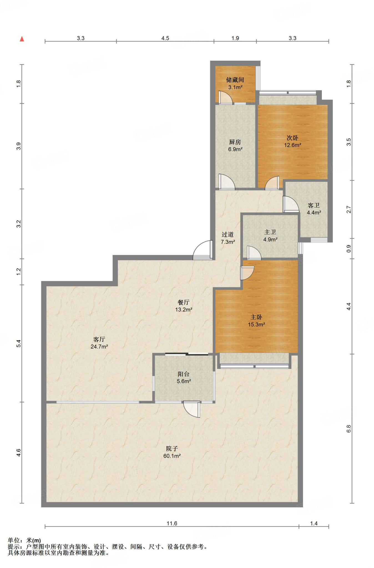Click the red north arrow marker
click(x=22, y=39)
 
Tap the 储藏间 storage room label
click(x=235, y=80)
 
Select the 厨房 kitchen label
click(x=235, y=142)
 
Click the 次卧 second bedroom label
click(x=292, y=138)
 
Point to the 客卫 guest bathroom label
click(x=314, y=205)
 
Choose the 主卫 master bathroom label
click(x=270, y=232)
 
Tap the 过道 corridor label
click(x=228, y=235)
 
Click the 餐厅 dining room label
click(x=184, y=302)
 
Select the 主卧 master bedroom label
click(x=256, y=317)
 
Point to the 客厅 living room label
click(x=99, y=339)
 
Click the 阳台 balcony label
click(x=184, y=374)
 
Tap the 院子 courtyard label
click(x=172, y=448)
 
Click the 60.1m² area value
click(x=172, y=456)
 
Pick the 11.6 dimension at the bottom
click(x=172, y=523)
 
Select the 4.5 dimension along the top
click(x=165, y=38)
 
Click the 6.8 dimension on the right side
click(x=349, y=429)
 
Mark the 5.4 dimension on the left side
click(x=19, y=343)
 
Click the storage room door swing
click(x=226, y=97)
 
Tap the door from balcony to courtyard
click(x=192, y=409)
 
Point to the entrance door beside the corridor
click(x=203, y=250)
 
